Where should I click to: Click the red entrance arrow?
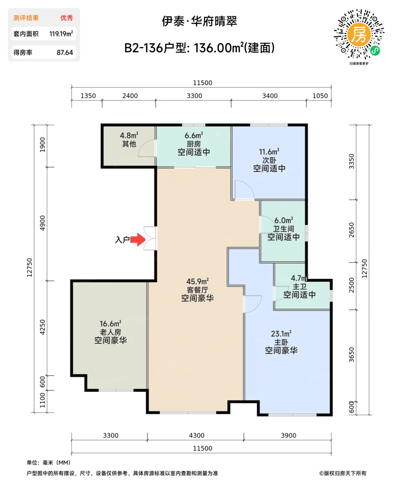(x=138, y=239)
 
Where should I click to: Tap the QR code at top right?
(x=359, y=34)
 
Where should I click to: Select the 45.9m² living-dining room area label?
(x=197, y=282)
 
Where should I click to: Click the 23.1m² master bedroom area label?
(x=281, y=334)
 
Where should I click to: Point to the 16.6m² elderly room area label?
(x=110, y=324)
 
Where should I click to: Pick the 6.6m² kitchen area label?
(x=194, y=136)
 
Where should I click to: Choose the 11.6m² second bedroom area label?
(x=269, y=152)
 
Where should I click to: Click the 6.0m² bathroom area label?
(x=284, y=220)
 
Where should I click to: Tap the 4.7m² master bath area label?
(x=299, y=278)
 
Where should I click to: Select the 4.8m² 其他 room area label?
(x=129, y=136)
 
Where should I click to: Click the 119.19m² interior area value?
(x=61, y=34)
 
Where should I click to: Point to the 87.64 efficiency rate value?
(x=65, y=53)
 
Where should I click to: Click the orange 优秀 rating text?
(x=66, y=18)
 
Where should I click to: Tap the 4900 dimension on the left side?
(x=42, y=223)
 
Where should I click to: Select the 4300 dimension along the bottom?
(x=197, y=435)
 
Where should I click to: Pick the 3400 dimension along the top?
(x=270, y=96)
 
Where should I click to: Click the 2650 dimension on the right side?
(x=351, y=230)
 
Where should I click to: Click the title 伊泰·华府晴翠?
(x=199, y=21)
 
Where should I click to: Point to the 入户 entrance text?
(x=122, y=240)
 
